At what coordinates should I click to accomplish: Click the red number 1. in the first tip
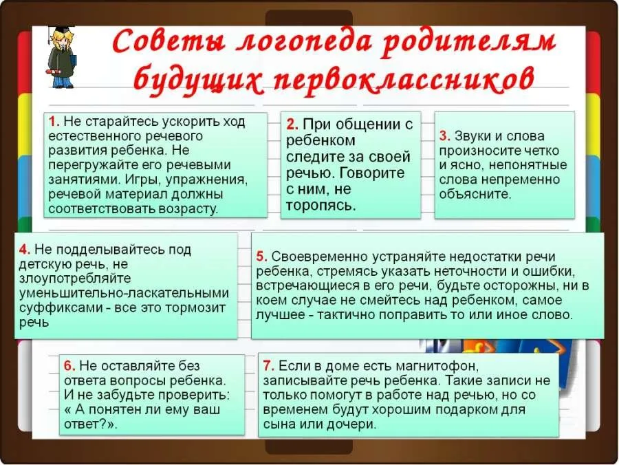point(54,121)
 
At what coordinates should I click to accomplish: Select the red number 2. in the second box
point(292,125)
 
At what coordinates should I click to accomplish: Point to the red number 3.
point(445,136)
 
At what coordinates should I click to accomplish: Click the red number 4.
point(25,250)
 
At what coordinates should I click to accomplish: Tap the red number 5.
point(262,257)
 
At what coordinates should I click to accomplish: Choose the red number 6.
point(69,366)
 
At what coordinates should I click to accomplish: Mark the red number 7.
point(268,366)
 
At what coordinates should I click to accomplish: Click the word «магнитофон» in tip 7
point(436,367)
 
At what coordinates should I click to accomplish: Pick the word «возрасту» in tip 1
point(188,209)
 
